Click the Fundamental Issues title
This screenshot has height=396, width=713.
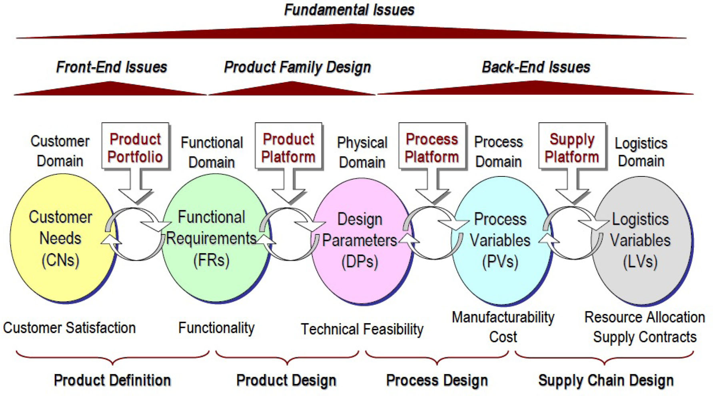tap(349, 10)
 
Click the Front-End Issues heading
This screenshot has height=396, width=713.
tap(112, 67)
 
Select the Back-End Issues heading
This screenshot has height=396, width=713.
tap(536, 67)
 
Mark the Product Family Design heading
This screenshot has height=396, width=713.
tap(298, 67)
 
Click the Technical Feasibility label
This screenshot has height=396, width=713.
tap(362, 329)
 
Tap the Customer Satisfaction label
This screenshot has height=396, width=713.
tap(69, 328)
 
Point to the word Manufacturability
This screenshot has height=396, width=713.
tap(503, 317)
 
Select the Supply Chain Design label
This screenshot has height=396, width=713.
tap(605, 380)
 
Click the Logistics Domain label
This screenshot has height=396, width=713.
tap(641, 152)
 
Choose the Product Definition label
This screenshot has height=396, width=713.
tap(112, 380)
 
